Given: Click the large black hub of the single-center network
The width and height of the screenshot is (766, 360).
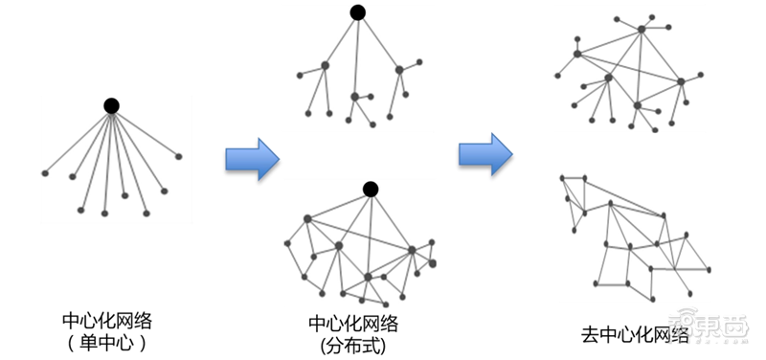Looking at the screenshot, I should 111,104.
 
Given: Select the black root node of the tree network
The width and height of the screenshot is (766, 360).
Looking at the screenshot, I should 357,12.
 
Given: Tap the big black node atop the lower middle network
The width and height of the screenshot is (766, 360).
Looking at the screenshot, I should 371,188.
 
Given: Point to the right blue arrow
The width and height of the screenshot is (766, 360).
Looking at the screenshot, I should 484,153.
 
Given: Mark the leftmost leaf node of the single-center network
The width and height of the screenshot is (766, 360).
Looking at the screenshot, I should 45,172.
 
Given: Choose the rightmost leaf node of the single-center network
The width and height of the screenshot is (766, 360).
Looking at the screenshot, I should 178,155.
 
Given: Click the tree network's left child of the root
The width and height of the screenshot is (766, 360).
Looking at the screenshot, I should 325,65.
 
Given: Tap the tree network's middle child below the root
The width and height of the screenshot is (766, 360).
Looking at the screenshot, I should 354,97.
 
